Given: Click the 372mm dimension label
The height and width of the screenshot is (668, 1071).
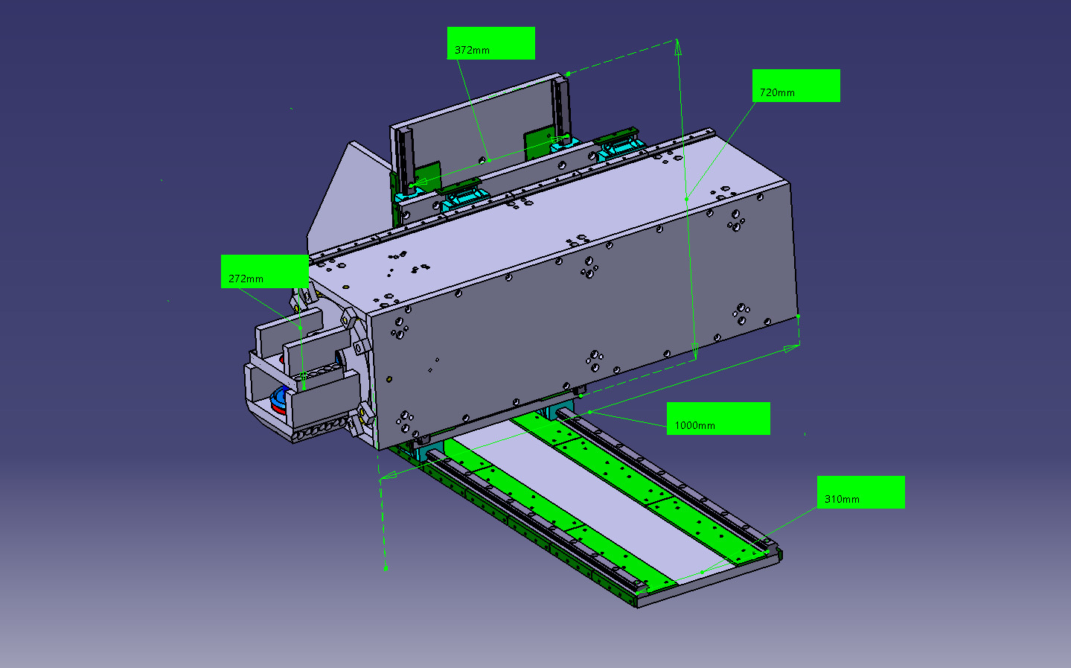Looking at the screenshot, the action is click(x=490, y=43).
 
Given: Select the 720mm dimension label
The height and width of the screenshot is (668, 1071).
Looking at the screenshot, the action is click(x=796, y=86).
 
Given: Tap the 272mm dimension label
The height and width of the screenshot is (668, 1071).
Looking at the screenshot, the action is click(x=264, y=271).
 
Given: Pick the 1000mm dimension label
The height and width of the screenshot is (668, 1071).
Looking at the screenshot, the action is click(x=718, y=419).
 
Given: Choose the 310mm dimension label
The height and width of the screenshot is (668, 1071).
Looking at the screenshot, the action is click(x=860, y=492).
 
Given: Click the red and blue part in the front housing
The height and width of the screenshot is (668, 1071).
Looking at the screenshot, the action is click(x=279, y=400).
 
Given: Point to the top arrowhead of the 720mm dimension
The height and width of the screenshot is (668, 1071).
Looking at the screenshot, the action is click(x=678, y=47).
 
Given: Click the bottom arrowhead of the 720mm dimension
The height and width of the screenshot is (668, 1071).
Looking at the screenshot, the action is click(x=694, y=351).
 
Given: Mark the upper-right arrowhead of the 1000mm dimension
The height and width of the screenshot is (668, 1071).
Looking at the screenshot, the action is click(x=791, y=349).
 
